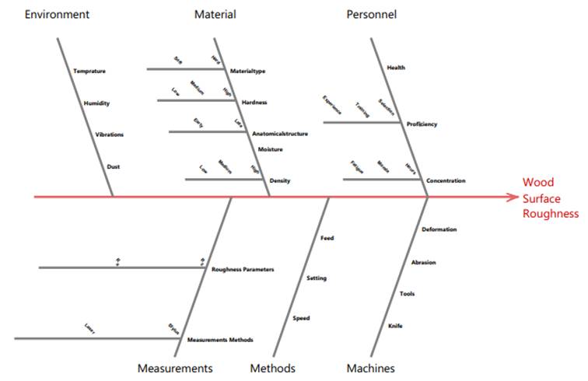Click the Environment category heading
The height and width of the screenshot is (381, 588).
57,15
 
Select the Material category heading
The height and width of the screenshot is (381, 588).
215,15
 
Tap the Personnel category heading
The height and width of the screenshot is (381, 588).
371,15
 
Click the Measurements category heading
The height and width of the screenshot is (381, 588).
175,368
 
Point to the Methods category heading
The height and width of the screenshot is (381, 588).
272,368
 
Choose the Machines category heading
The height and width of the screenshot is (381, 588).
370,368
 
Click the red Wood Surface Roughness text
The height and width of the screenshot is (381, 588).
550,197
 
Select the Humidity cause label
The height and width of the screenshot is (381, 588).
97,103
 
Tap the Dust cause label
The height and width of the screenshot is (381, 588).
114,166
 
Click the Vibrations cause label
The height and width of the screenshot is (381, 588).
109,135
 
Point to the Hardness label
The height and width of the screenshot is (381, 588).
254,103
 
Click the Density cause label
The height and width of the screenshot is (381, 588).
279,181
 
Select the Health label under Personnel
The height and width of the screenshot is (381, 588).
396,68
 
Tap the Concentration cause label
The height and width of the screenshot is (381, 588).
446,181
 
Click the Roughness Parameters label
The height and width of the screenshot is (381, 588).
243,270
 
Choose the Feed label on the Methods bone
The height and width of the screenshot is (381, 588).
327,238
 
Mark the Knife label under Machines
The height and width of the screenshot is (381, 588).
395,326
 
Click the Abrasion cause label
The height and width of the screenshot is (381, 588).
423,262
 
